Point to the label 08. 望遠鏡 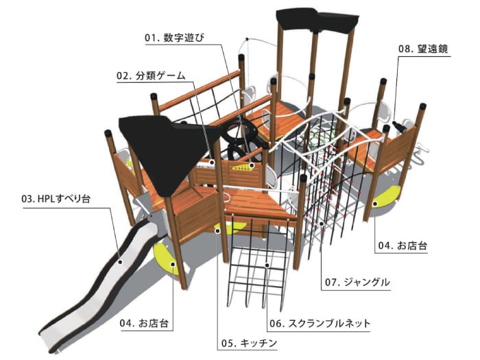tap(424, 49)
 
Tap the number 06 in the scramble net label tap(275, 322)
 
